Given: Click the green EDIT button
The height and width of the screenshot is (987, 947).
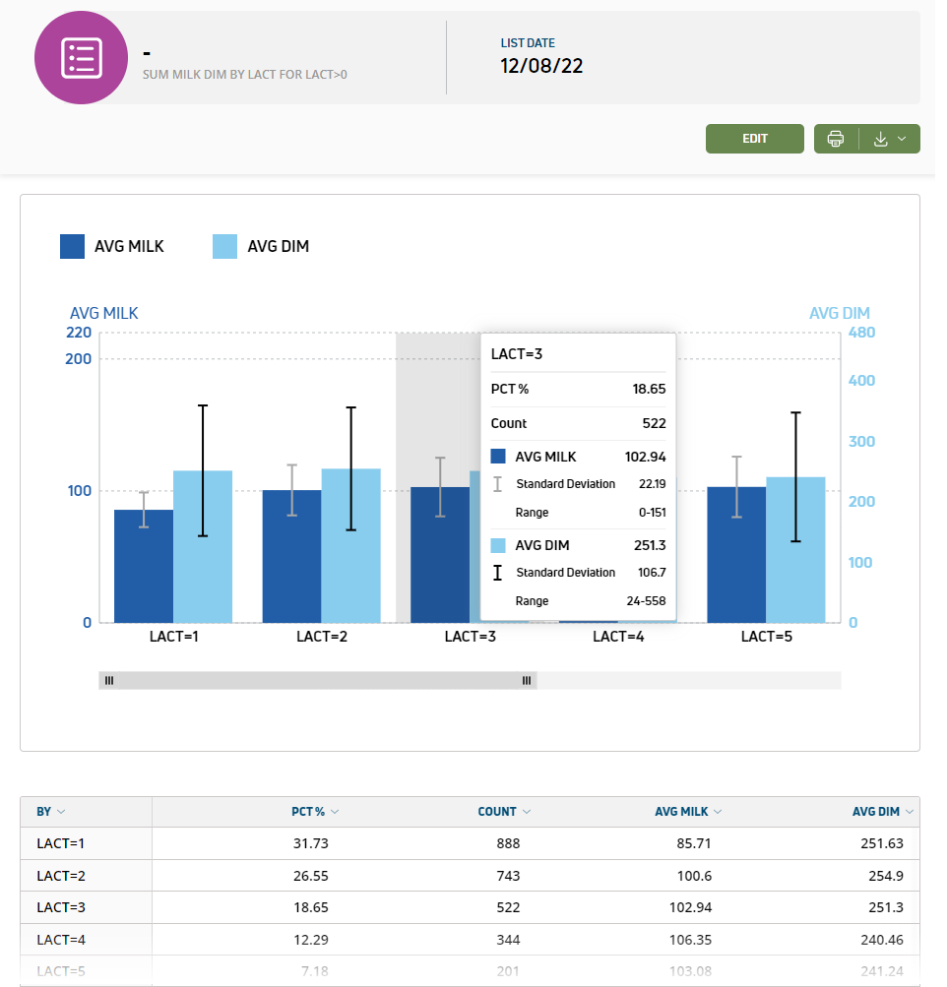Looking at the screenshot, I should coord(754,139).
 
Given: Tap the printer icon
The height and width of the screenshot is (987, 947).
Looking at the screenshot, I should coord(836,139).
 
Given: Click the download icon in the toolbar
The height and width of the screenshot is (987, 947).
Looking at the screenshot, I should coord(881,139).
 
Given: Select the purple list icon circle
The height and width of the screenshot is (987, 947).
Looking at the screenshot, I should coord(81,58).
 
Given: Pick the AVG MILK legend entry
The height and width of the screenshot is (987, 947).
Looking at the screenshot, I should coord(112,246).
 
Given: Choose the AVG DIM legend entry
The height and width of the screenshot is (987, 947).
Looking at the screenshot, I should coord(261,246).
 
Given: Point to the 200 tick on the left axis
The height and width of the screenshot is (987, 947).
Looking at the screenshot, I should coord(79,358).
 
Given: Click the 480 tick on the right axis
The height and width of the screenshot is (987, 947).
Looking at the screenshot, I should coord(860,333).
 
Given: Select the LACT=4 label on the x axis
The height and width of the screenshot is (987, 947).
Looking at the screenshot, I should coord(618,637).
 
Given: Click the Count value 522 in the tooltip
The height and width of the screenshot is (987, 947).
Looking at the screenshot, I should coord(653,423).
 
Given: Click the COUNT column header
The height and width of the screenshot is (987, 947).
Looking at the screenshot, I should coord(497,812).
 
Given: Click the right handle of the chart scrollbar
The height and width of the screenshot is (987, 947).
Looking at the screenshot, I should coord(527,680).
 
